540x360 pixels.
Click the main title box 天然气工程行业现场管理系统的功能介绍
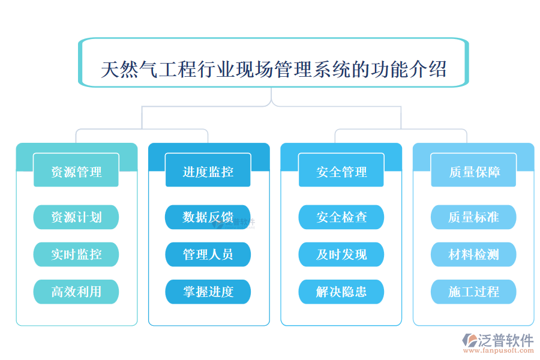click(273, 69)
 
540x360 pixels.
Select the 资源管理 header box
click(76, 172)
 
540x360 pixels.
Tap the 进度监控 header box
click(208, 172)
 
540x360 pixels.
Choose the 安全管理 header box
click(341, 172)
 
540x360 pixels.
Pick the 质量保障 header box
click(473, 172)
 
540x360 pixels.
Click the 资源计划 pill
click(76, 217)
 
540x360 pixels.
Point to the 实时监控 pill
click(76, 254)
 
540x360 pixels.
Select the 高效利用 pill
click(76, 292)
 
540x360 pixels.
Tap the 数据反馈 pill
click(208, 217)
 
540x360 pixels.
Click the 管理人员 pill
click(208, 254)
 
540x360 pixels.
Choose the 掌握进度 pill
click(208, 292)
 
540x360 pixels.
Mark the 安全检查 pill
click(341, 217)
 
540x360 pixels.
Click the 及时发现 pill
click(341, 254)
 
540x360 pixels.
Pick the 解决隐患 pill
click(341, 292)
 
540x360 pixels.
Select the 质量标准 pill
click(473, 217)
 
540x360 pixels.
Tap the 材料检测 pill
click(473, 254)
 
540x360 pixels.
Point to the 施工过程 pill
click(473, 292)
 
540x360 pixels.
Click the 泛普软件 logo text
click(505, 340)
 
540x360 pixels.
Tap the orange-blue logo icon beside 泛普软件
click(469, 340)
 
